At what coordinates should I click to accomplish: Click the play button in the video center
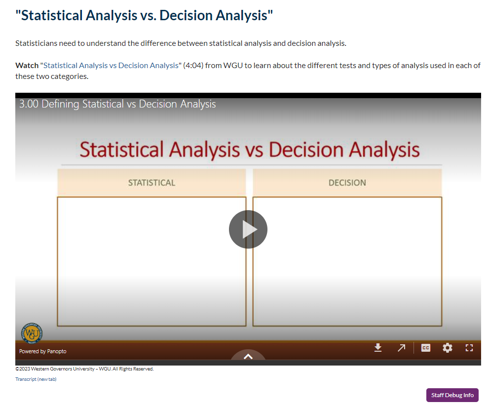click(248, 229)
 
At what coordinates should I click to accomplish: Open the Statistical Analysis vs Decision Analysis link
click(111, 66)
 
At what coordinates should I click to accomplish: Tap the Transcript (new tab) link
click(36, 379)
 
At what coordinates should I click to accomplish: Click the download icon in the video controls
click(378, 347)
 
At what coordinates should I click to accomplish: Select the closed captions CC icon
click(426, 348)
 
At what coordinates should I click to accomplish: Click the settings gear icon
click(447, 348)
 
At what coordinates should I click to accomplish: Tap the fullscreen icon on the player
click(469, 348)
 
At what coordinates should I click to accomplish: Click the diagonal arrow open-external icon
click(401, 348)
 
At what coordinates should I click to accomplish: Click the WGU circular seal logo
click(32, 333)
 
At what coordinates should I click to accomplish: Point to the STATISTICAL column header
click(151, 183)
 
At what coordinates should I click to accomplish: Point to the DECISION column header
click(347, 183)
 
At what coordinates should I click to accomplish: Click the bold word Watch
click(27, 66)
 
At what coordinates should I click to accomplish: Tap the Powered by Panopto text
click(43, 351)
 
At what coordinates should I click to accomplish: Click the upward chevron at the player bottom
click(248, 356)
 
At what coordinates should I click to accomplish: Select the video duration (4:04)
click(193, 66)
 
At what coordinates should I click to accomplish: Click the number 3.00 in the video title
click(29, 104)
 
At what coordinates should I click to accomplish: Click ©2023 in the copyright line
click(23, 369)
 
